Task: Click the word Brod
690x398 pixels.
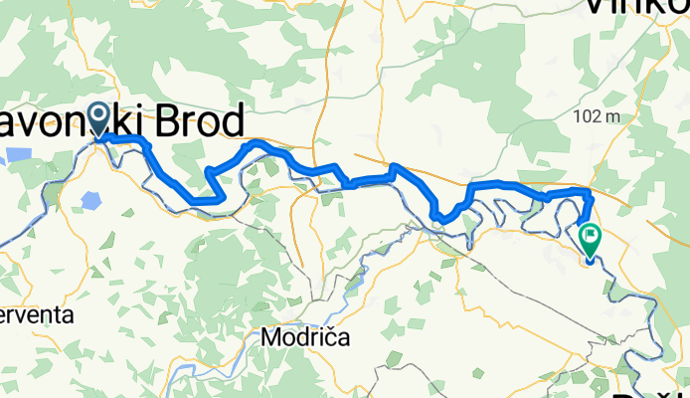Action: tap(197, 123)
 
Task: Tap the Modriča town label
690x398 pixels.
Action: tap(305, 337)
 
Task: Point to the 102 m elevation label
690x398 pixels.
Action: tap(598, 116)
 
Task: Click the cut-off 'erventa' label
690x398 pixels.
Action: tap(36, 314)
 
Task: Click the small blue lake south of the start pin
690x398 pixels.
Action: tap(91, 200)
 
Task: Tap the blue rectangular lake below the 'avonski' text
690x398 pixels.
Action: tap(18, 155)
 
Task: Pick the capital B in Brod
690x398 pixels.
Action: tap(166, 123)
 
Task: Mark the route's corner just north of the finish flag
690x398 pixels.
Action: tap(590, 192)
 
